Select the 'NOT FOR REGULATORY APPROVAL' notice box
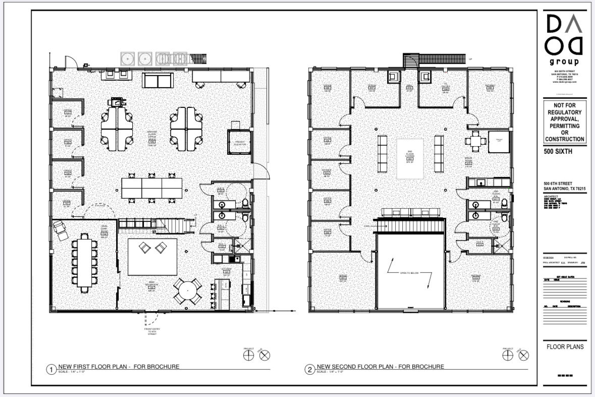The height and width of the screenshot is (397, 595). [565, 122]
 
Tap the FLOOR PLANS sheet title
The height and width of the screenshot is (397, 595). [565, 347]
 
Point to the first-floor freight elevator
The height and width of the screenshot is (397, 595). [240, 144]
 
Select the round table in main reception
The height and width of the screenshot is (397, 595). [187, 291]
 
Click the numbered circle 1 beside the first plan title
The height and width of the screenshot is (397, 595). [50, 370]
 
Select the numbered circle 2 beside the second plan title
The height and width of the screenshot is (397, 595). [309, 370]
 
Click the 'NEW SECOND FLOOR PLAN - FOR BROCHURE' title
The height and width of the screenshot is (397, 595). [381, 366]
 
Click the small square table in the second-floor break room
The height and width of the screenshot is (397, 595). [474, 141]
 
